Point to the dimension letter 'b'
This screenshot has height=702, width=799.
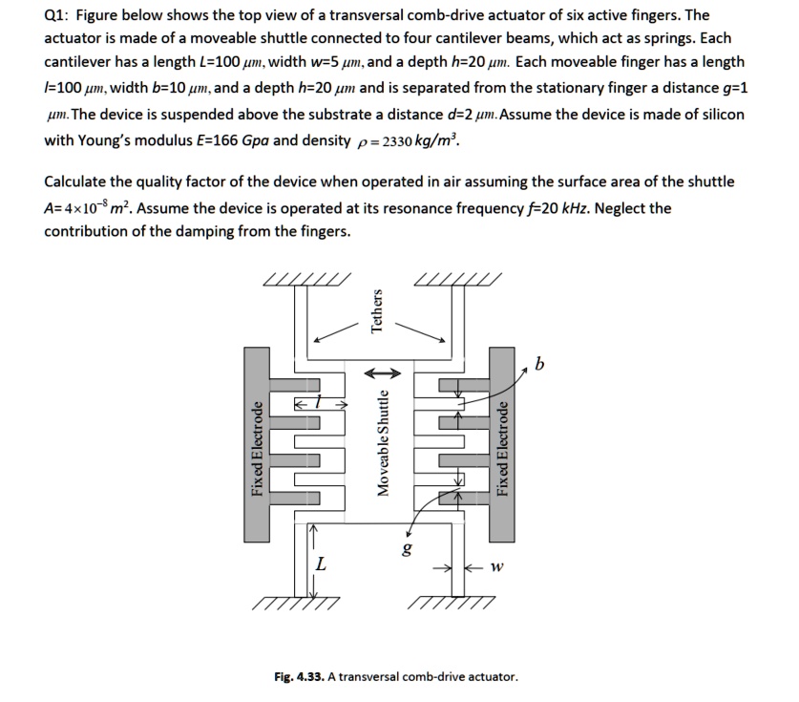click(540, 364)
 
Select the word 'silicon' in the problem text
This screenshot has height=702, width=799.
click(722, 114)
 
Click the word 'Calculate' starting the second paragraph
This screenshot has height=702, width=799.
click(75, 181)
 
